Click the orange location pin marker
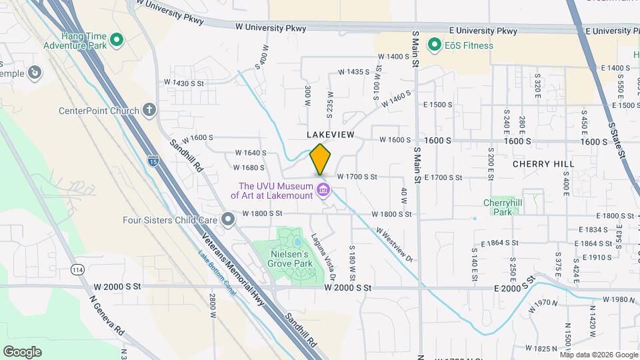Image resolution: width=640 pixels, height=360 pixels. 320,160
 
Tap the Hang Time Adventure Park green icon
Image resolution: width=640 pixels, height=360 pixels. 117,40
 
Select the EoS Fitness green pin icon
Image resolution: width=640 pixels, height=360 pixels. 435,45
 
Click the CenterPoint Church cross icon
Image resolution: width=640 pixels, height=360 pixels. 149,111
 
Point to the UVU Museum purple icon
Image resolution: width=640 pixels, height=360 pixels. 324,191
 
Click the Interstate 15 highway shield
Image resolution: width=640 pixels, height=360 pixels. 153,161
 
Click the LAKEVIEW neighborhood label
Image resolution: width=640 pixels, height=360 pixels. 331,135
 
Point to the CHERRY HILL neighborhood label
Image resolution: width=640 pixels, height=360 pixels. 543,163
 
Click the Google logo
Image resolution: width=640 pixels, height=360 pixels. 23,351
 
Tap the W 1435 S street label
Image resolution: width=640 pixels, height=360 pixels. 353,71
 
